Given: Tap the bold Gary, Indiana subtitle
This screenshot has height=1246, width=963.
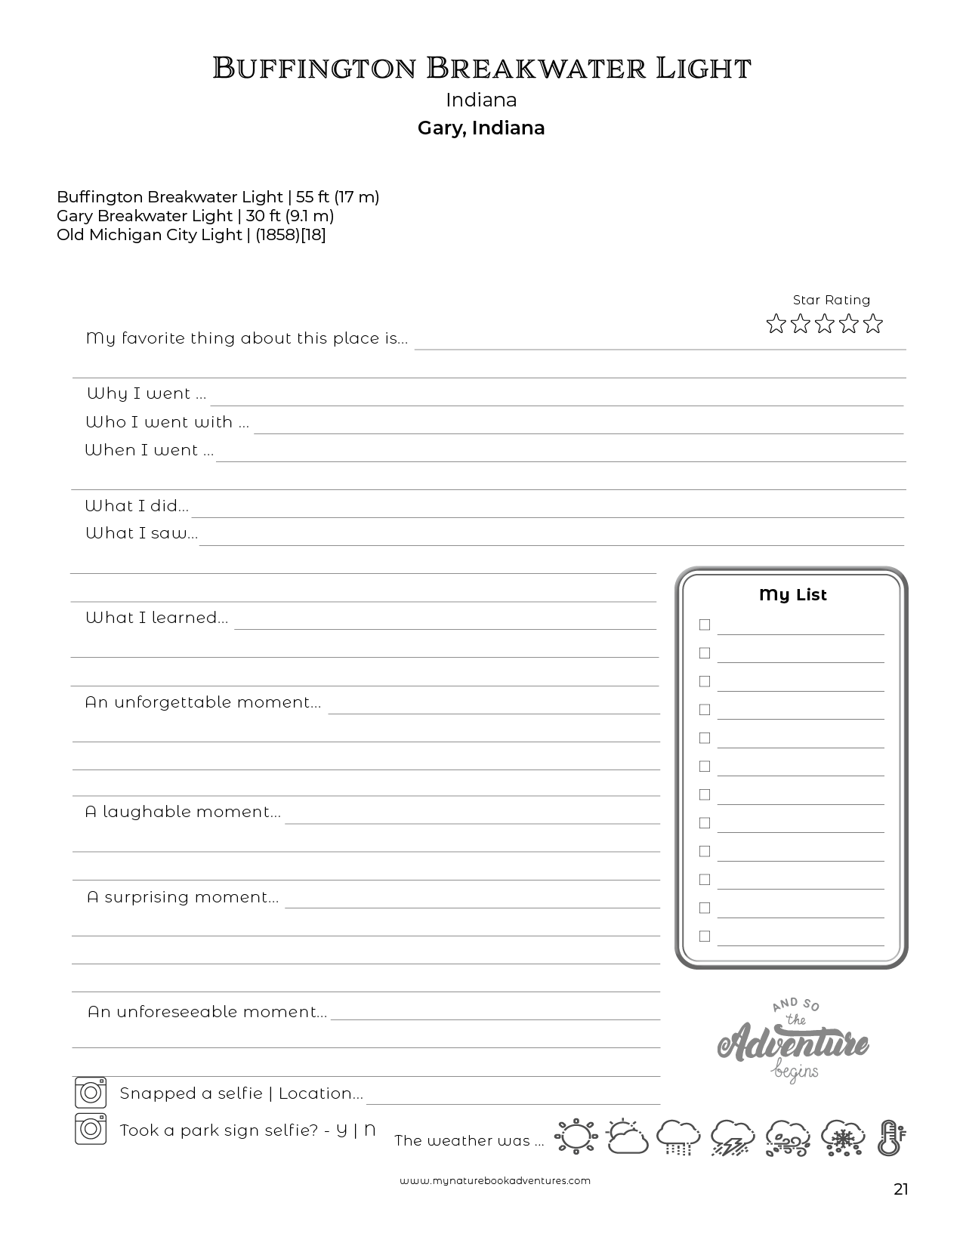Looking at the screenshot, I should click(x=481, y=128).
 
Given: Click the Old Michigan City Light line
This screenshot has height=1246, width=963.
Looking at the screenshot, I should click(x=191, y=235).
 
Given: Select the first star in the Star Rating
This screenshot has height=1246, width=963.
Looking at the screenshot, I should click(x=776, y=324).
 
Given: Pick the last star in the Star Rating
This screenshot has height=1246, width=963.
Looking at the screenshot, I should click(x=873, y=324).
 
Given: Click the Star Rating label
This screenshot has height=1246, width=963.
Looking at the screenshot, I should click(x=831, y=300).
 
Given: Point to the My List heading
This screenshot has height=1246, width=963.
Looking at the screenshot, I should click(x=792, y=595).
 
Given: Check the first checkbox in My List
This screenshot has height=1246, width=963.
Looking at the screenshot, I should click(x=705, y=625).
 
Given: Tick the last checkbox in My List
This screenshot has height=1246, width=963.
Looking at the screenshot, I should click(x=705, y=936).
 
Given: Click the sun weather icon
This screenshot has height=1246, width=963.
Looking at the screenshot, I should click(x=576, y=1137).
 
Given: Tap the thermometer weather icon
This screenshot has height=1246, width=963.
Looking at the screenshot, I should click(x=890, y=1137).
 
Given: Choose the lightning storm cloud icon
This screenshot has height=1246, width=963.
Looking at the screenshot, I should click(x=732, y=1137).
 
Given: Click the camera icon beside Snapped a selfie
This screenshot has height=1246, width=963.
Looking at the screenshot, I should click(x=91, y=1093).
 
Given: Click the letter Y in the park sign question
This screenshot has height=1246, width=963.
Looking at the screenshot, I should click(x=341, y=1130).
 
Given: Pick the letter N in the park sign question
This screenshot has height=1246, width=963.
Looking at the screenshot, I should click(x=369, y=1130).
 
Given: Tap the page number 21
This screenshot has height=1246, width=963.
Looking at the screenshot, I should click(x=900, y=1190).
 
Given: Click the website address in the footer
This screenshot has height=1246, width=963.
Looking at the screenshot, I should click(x=495, y=1180).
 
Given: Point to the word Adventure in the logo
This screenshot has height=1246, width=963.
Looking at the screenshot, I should click(x=793, y=1045).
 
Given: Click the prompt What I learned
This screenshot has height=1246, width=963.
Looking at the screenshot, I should click(x=156, y=618).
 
